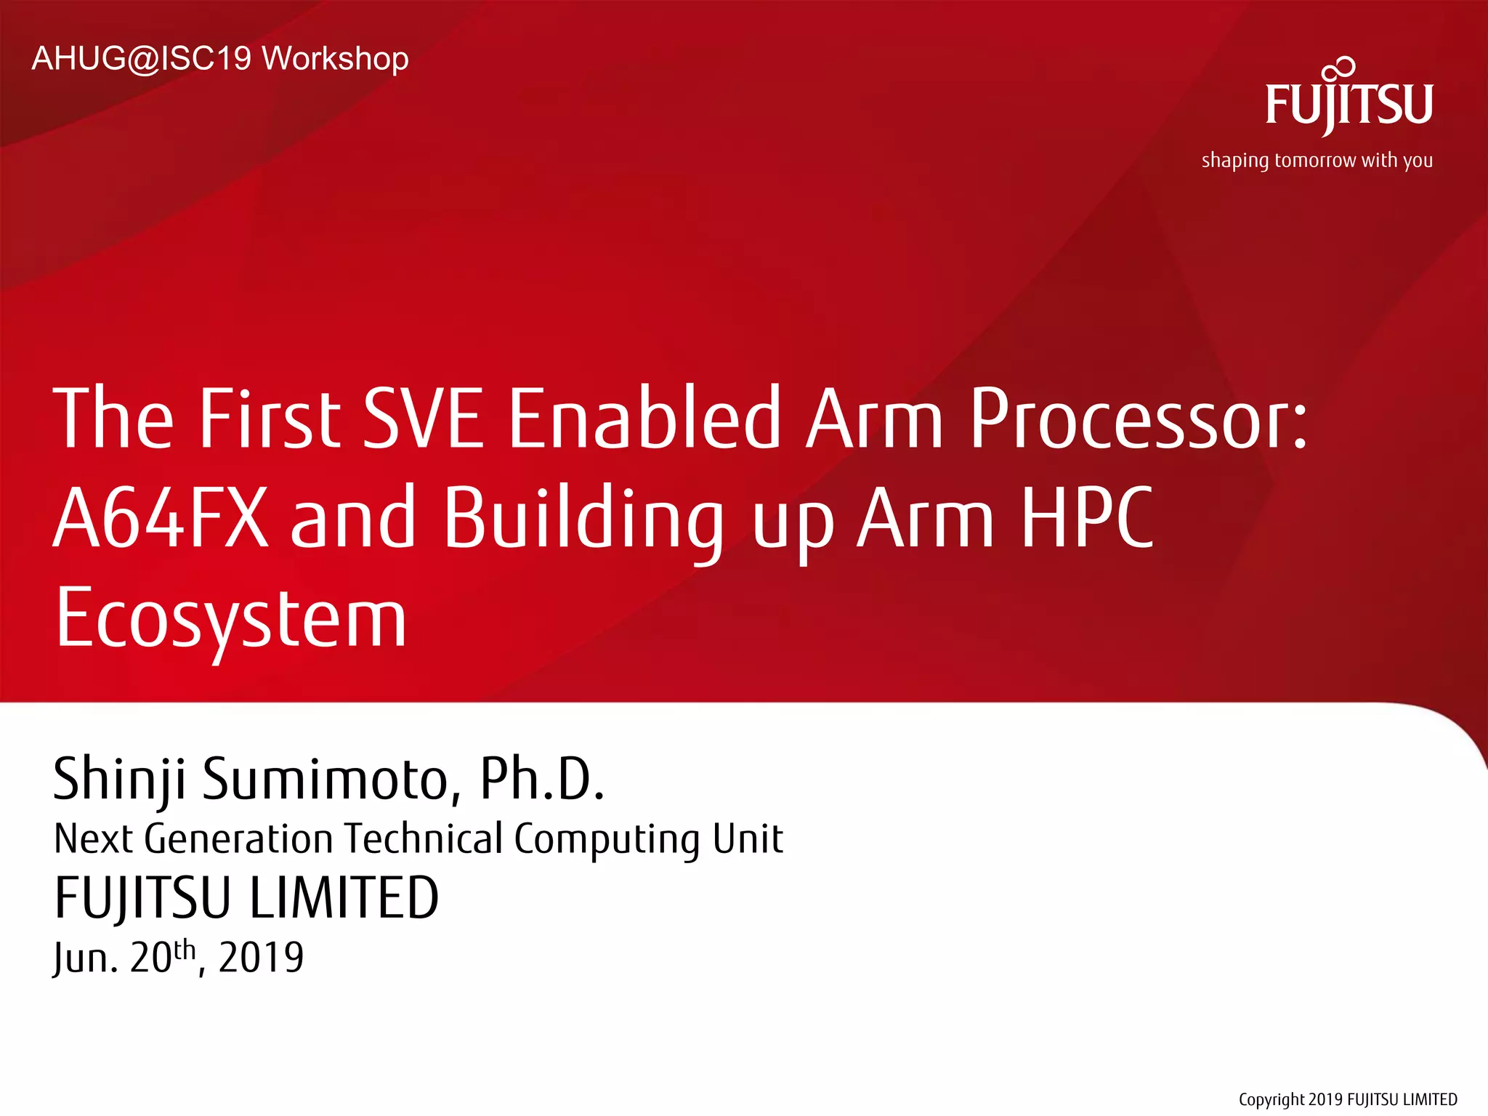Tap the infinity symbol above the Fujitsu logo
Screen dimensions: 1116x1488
pyautogui.click(x=1339, y=68)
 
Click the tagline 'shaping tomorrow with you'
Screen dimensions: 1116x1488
pyautogui.click(x=1317, y=160)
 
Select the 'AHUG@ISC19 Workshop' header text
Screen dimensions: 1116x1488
pyautogui.click(x=220, y=59)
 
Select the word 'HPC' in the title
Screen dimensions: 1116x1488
pyautogui.click(x=1088, y=517)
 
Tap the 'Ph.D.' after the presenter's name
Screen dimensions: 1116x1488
pyautogui.click(x=542, y=779)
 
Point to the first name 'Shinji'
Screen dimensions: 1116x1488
pyautogui.click(x=120, y=779)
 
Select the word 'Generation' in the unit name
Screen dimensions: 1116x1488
pyautogui.click(x=238, y=839)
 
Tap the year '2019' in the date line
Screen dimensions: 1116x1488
pyautogui.click(x=261, y=958)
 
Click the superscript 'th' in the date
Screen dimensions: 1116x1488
pyautogui.click(x=185, y=947)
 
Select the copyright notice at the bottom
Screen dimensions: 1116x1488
pyautogui.click(x=1348, y=1099)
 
